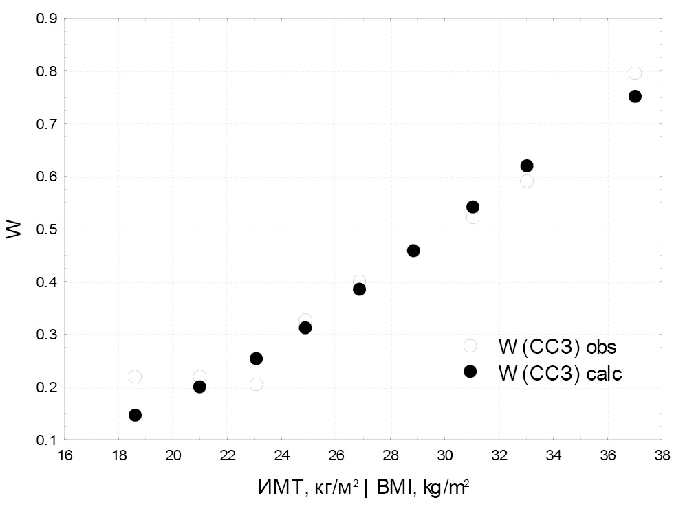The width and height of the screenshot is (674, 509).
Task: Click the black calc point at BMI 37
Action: coord(635,96)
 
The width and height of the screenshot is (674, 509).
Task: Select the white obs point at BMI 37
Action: coord(635,73)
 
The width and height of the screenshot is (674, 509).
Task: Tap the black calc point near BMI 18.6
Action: coord(135,415)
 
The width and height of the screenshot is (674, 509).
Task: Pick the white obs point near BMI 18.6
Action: coord(135,376)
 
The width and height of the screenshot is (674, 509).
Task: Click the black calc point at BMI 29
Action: coord(413,251)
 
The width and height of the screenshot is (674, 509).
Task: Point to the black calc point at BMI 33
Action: coord(527,166)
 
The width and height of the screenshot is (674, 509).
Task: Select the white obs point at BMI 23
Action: coord(256,384)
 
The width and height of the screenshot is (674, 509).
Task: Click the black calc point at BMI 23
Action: coord(256,359)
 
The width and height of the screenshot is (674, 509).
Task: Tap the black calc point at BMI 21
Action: coord(199,387)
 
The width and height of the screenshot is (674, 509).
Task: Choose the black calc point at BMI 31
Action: coord(472,207)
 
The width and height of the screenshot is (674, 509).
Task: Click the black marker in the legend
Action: coord(470,371)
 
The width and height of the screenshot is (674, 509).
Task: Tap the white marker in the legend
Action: coord(470,346)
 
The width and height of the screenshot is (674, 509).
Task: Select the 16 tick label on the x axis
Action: coord(64,455)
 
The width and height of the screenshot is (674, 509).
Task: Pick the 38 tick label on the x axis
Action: coord(662,455)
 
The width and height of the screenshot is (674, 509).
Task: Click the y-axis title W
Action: coord(14,229)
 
